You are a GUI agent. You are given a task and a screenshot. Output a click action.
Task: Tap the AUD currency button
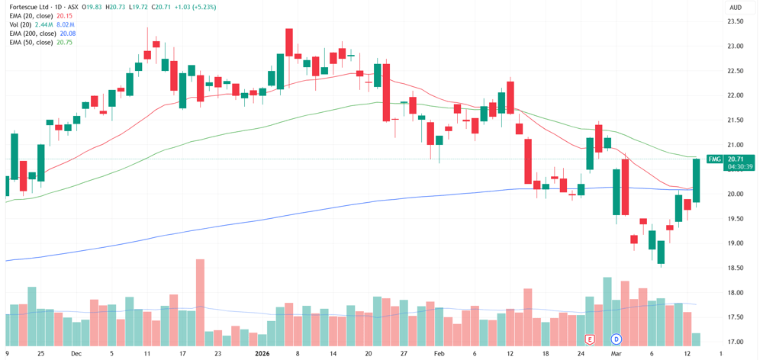pyautogui.click(x=735, y=8)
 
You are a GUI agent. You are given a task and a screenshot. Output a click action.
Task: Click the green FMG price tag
pyautogui.click(x=714, y=159)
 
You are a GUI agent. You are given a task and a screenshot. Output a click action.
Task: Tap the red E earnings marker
pyautogui.click(x=591, y=338)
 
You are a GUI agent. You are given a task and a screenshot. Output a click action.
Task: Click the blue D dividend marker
pyautogui.click(x=617, y=338)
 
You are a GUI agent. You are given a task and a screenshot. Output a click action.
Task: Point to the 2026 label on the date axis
pyautogui.click(x=262, y=354)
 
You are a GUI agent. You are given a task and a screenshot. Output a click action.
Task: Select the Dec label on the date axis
pyautogui.click(x=76, y=354)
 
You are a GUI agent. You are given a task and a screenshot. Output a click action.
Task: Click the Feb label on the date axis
pyautogui.click(x=439, y=354)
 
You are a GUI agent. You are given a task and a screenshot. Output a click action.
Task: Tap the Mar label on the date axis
pyautogui.click(x=616, y=354)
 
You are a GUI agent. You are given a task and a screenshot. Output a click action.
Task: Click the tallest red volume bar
pyautogui.click(x=200, y=301)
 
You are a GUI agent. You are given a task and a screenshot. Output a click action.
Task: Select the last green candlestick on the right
pyautogui.click(x=697, y=180)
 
